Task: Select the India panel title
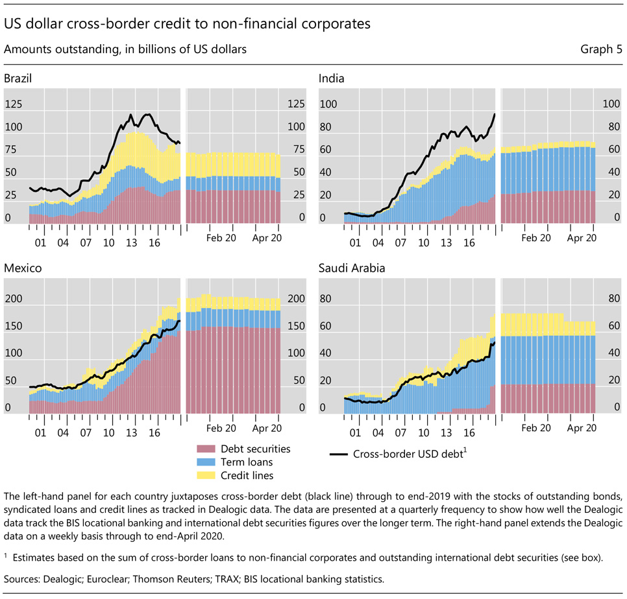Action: pos(331,78)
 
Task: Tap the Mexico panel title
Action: pos(21,267)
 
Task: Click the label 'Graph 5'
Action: pos(599,49)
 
